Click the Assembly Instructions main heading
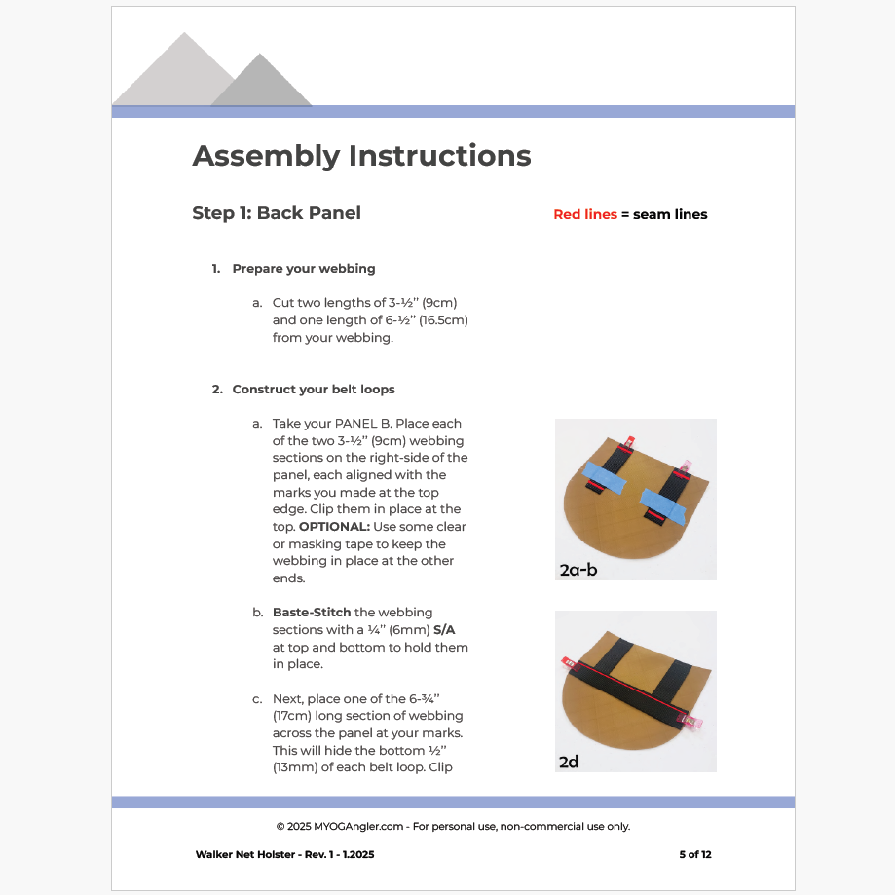coord(361,156)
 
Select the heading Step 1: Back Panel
coord(277,213)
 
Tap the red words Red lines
coord(584,214)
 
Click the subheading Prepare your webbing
coord(304,269)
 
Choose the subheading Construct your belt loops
coord(314,390)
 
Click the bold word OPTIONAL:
coord(326,527)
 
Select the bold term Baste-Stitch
coord(312,613)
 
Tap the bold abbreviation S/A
coord(444,630)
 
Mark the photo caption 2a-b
coord(578,570)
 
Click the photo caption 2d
coord(569,762)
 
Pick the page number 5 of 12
coord(695,855)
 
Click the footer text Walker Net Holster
coord(242,855)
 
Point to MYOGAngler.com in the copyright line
coord(365,827)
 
